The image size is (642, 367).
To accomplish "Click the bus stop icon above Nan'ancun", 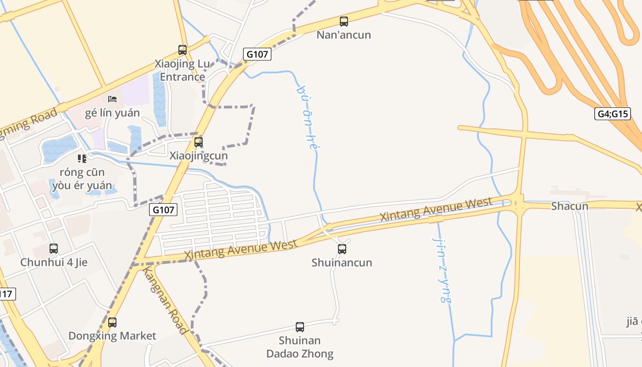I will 343,21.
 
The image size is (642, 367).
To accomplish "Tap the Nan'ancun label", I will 343,35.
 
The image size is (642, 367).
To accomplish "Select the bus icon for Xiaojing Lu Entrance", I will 183,50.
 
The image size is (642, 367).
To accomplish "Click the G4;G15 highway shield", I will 613,114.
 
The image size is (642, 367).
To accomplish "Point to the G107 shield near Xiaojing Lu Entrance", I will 257,54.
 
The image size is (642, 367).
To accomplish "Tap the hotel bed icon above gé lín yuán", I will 112,99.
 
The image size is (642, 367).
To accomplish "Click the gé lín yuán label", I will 112,113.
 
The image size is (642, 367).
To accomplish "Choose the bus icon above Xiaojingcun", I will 199,142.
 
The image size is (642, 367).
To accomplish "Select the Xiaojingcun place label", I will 199,156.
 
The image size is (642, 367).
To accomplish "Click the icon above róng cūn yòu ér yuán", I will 82,159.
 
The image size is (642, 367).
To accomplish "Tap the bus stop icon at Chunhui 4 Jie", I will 54,249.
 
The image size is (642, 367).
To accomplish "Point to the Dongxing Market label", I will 112,336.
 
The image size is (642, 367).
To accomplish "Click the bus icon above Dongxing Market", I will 112,323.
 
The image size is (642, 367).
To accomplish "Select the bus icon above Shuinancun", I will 342,249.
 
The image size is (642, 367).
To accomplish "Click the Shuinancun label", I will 342,263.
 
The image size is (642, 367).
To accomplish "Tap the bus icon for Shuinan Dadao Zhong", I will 300,327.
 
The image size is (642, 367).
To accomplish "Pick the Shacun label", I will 570,206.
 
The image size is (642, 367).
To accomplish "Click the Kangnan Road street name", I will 165,300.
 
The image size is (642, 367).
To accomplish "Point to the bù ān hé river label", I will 307,117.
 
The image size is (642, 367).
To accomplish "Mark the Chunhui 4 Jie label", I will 54,262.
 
